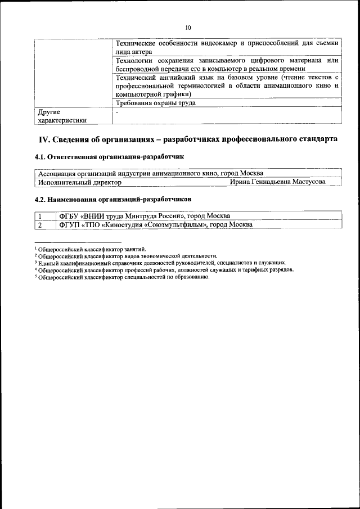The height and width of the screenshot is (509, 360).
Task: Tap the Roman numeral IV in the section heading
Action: coord(44,139)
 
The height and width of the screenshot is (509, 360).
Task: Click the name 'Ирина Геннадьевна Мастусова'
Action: coord(277,182)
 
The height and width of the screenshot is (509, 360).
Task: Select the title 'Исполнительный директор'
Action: coord(79,182)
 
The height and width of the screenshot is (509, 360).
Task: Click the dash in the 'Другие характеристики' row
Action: coord(117,112)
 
